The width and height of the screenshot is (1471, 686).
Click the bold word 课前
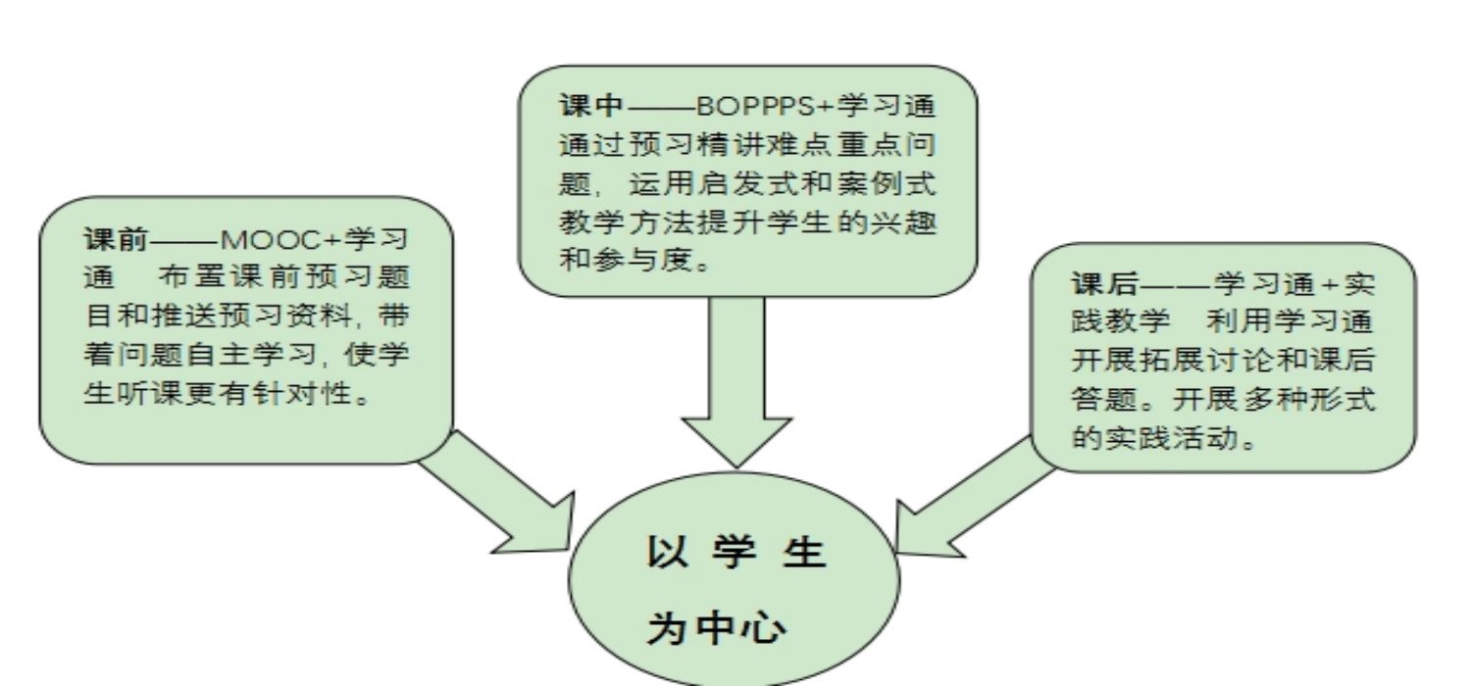pos(117,239)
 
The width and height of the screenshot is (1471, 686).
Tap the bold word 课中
pos(591,106)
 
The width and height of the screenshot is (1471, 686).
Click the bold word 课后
pos(1104,283)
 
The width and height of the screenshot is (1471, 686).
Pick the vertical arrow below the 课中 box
pos(736,382)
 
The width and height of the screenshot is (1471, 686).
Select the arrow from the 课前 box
pos(497,492)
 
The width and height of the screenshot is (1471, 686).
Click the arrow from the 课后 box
pos(975,498)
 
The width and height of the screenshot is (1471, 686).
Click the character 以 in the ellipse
pos(668,552)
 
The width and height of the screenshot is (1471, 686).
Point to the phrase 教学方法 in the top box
pos(627,221)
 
